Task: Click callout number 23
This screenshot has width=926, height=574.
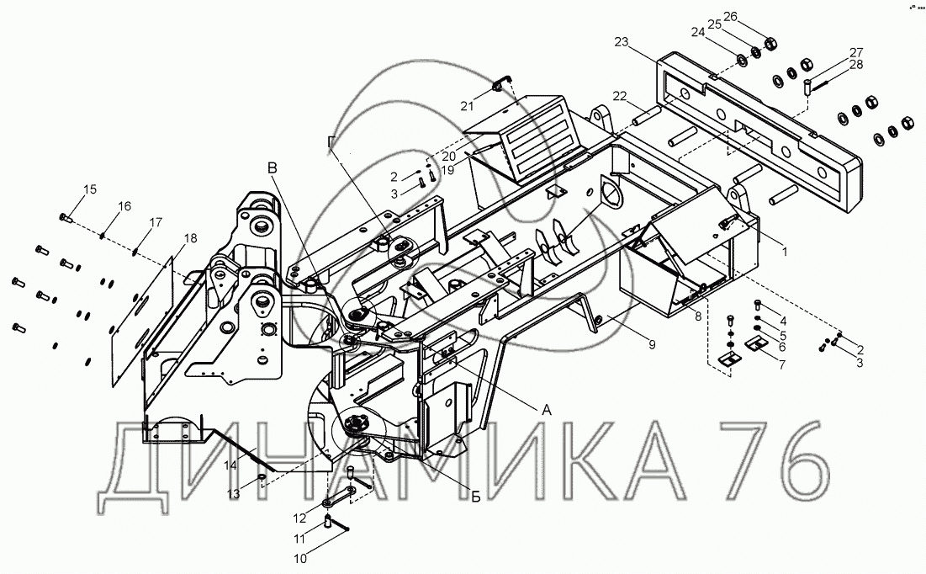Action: coord(622,42)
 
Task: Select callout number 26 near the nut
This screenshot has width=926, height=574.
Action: coord(731,16)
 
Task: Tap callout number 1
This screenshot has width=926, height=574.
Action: coord(785,252)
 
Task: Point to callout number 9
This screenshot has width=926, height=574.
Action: coord(652,344)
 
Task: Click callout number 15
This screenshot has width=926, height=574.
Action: coord(89,189)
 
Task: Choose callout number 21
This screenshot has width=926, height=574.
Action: coord(467,106)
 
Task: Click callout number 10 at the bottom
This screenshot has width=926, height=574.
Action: coord(300,558)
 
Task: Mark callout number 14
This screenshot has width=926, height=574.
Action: coord(230,465)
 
